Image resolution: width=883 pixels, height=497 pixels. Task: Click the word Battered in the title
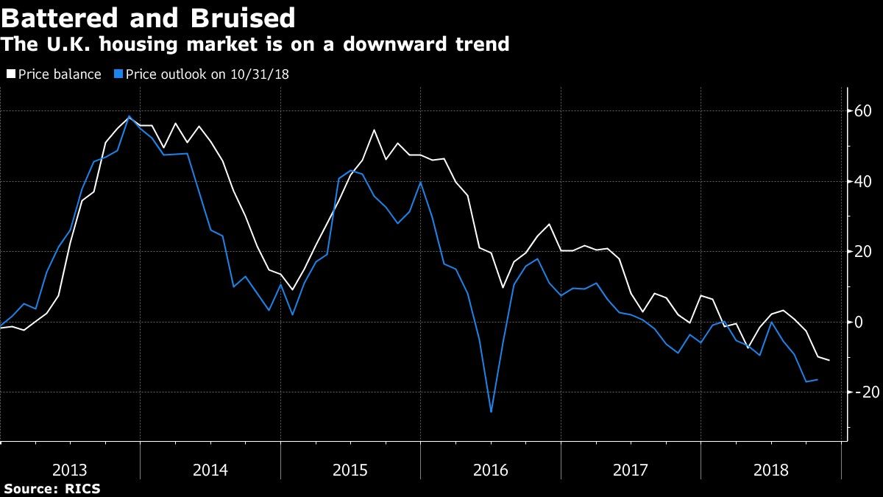point(60,18)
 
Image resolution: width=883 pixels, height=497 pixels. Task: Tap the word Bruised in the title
point(243,18)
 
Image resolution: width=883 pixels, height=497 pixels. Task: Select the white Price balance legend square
point(11,74)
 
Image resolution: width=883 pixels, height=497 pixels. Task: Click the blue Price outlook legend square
point(118,74)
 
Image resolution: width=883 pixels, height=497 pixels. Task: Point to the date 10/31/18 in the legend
point(260,74)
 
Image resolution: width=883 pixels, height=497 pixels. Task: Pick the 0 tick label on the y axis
point(858,322)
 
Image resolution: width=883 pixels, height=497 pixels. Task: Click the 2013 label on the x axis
point(70,470)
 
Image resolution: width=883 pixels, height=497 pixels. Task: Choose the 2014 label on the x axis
point(210,470)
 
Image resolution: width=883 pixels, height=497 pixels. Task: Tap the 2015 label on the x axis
point(350,470)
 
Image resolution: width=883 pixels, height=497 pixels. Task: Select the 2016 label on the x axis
point(490,470)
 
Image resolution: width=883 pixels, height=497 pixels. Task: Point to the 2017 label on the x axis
point(631,470)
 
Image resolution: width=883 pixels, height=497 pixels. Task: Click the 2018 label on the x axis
point(770,470)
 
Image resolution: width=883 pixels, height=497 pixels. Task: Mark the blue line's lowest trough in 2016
point(491,412)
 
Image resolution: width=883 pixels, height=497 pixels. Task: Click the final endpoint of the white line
point(829,360)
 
